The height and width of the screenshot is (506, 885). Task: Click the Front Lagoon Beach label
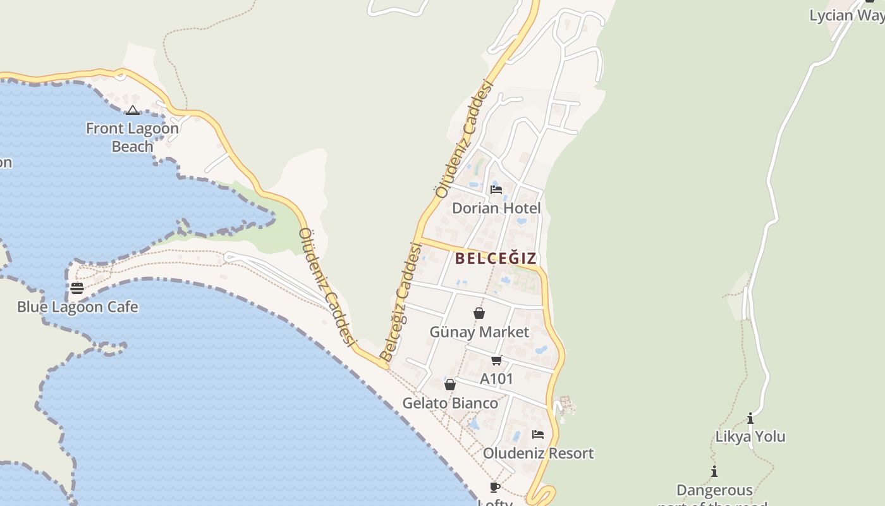coord(132,137)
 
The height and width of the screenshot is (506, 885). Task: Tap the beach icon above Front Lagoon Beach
coord(132,111)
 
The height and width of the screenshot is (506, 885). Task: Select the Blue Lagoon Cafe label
coord(77,307)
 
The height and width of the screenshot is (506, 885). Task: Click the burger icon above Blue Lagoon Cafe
coord(77,288)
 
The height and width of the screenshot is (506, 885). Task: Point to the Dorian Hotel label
coord(496,208)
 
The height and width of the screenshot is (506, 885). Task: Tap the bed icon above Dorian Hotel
coord(496,189)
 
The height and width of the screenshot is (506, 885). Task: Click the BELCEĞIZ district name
coord(496,258)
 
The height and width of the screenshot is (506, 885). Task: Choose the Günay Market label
coord(479,332)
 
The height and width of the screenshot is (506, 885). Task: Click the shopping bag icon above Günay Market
coord(479,313)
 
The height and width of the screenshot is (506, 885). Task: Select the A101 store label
coord(496,379)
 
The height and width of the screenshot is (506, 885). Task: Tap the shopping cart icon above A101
coord(496,361)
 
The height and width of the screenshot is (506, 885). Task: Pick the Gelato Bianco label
coord(450,403)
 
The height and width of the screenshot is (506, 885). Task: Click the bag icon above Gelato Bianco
coord(450,385)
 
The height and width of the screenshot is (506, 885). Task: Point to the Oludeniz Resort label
coord(538,453)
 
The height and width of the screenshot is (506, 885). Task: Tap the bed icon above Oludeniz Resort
coord(538,435)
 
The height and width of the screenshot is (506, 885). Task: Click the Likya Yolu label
coord(750,436)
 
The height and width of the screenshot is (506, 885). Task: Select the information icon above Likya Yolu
coord(750,418)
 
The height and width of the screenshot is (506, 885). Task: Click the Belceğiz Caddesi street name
coord(401,302)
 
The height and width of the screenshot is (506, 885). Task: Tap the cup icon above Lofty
coord(495,487)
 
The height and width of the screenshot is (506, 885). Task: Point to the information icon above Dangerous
coord(714,471)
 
